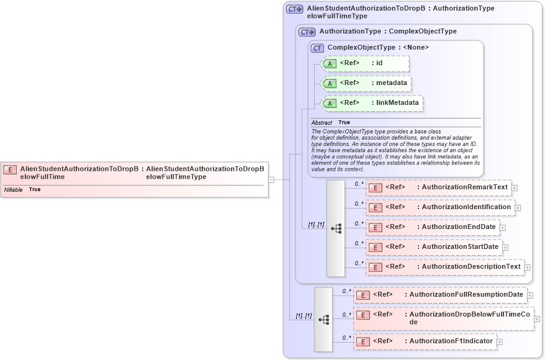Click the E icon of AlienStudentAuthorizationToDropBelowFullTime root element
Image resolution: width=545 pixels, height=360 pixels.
tap(11, 169)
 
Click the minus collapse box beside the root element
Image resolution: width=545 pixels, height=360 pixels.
tap(271, 180)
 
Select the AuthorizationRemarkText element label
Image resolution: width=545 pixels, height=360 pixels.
tap(462, 187)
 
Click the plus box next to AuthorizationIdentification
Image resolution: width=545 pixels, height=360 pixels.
tap(518, 208)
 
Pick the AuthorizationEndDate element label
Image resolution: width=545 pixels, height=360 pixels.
tap(458, 227)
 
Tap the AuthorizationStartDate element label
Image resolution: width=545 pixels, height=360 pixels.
tap(460, 246)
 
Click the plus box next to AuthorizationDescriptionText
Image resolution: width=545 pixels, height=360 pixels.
tap(527, 268)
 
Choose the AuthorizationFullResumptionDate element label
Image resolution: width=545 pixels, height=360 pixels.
tap(466, 294)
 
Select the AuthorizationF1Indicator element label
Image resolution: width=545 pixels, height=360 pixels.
tap(451, 341)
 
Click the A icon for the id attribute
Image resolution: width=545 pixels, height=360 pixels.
tap(330, 63)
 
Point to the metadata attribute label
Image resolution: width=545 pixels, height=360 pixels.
tap(392, 83)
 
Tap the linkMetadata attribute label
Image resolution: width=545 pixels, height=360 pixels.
tap(398, 102)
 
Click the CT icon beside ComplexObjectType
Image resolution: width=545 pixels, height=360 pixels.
tap(317, 48)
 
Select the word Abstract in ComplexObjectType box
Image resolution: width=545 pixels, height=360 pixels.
tap(322, 123)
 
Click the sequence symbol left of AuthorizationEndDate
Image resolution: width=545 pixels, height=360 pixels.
tap(336, 228)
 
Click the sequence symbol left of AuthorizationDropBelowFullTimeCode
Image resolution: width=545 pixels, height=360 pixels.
tap(323, 320)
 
